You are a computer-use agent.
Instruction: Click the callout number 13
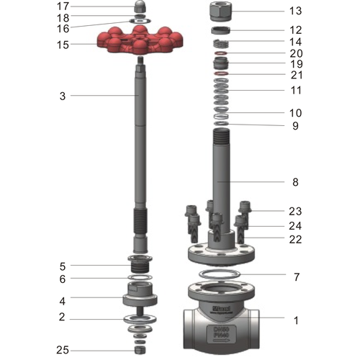click(x=295, y=11)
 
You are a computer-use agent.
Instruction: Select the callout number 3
click(x=63, y=95)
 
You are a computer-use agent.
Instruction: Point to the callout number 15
click(x=63, y=45)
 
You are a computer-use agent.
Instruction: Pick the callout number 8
click(x=295, y=182)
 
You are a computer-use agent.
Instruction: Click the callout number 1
click(x=295, y=320)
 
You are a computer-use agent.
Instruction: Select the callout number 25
click(x=63, y=350)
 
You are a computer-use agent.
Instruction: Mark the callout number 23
click(x=295, y=212)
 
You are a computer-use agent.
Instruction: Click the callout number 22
click(x=295, y=239)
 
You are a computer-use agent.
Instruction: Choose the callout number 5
click(x=63, y=266)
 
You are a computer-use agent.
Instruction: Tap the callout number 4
click(x=63, y=300)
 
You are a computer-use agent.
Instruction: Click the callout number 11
click(x=295, y=90)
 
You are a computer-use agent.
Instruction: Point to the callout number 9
click(x=295, y=126)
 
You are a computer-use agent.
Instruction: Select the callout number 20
click(x=295, y=53)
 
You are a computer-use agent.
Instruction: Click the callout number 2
click(x=63, y=317)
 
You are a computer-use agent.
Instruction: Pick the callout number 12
click(x=295, y=30)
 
